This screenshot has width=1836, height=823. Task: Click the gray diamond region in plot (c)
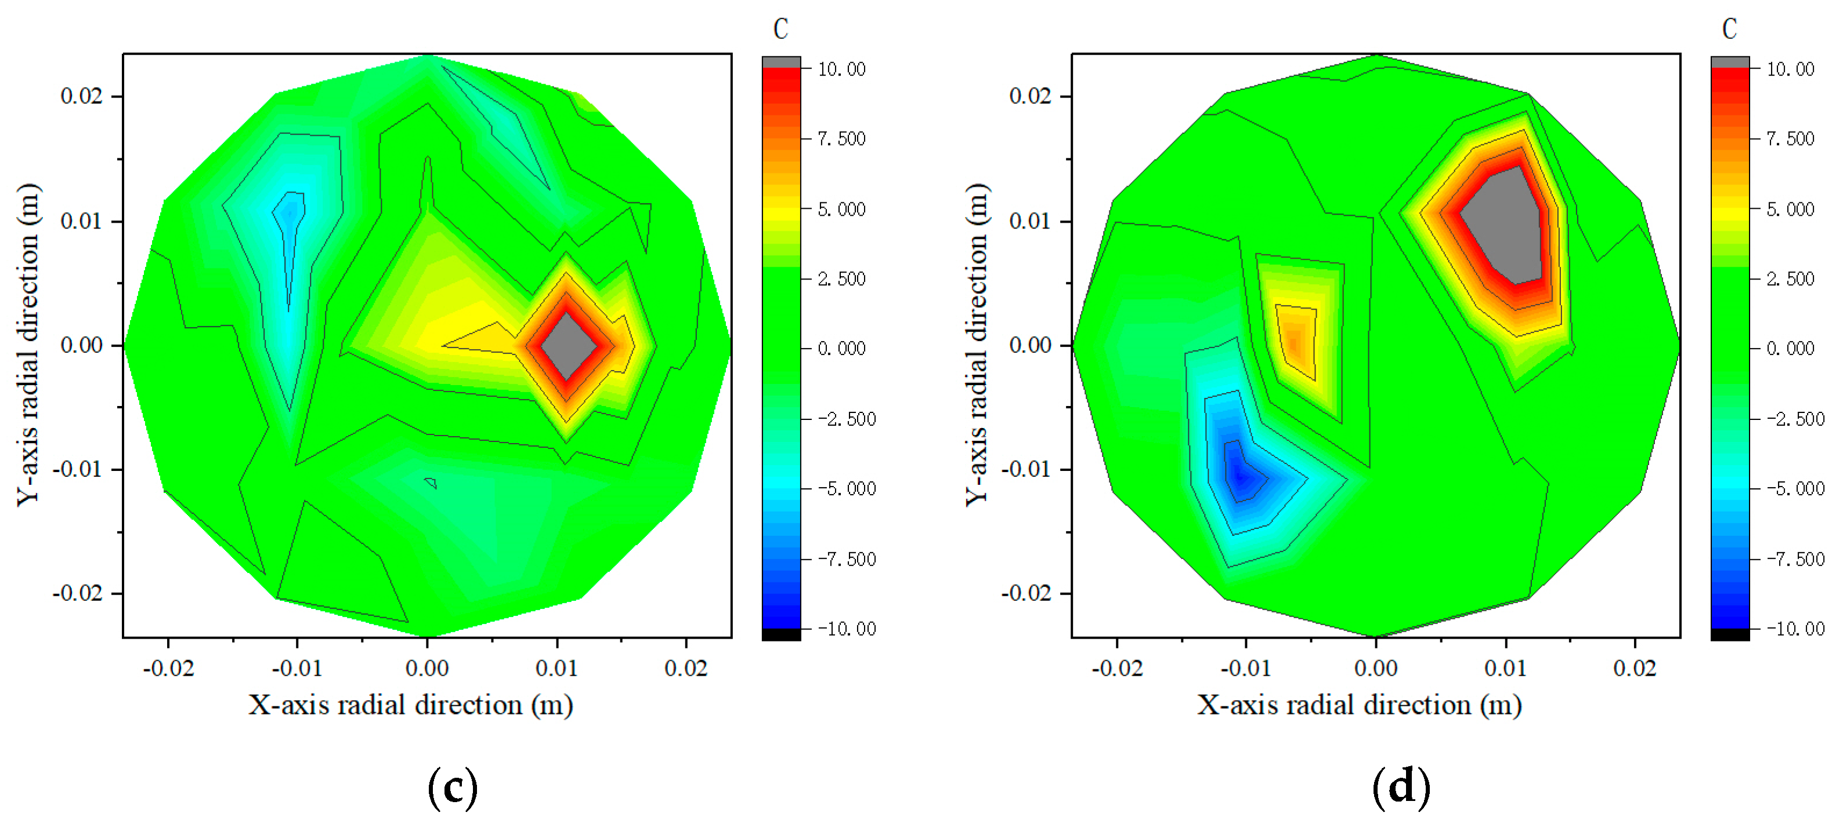pos(568,346)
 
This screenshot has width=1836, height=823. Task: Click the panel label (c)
pos(453,788)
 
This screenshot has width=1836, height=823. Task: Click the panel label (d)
pos(1401,788)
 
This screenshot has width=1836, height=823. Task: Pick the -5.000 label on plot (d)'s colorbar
pos(1795,489)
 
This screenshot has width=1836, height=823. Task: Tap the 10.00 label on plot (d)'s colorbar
pos(1790,69)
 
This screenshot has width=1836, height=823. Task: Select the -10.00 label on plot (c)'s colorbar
pos(846,629)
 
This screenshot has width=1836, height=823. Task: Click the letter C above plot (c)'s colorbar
pos(781,29)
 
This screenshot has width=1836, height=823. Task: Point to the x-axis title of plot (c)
pos(410,705)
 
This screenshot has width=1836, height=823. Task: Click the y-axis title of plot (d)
pos(977,345)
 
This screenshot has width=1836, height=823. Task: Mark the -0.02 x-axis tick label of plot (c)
pos(168,668)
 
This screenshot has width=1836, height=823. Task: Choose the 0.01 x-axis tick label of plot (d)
pos(1505,668)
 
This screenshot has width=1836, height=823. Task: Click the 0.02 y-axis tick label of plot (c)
pos(81,96)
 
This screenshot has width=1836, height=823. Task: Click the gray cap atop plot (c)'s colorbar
pos(781,62)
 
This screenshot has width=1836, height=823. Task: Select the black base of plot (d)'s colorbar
pos(1730,634)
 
